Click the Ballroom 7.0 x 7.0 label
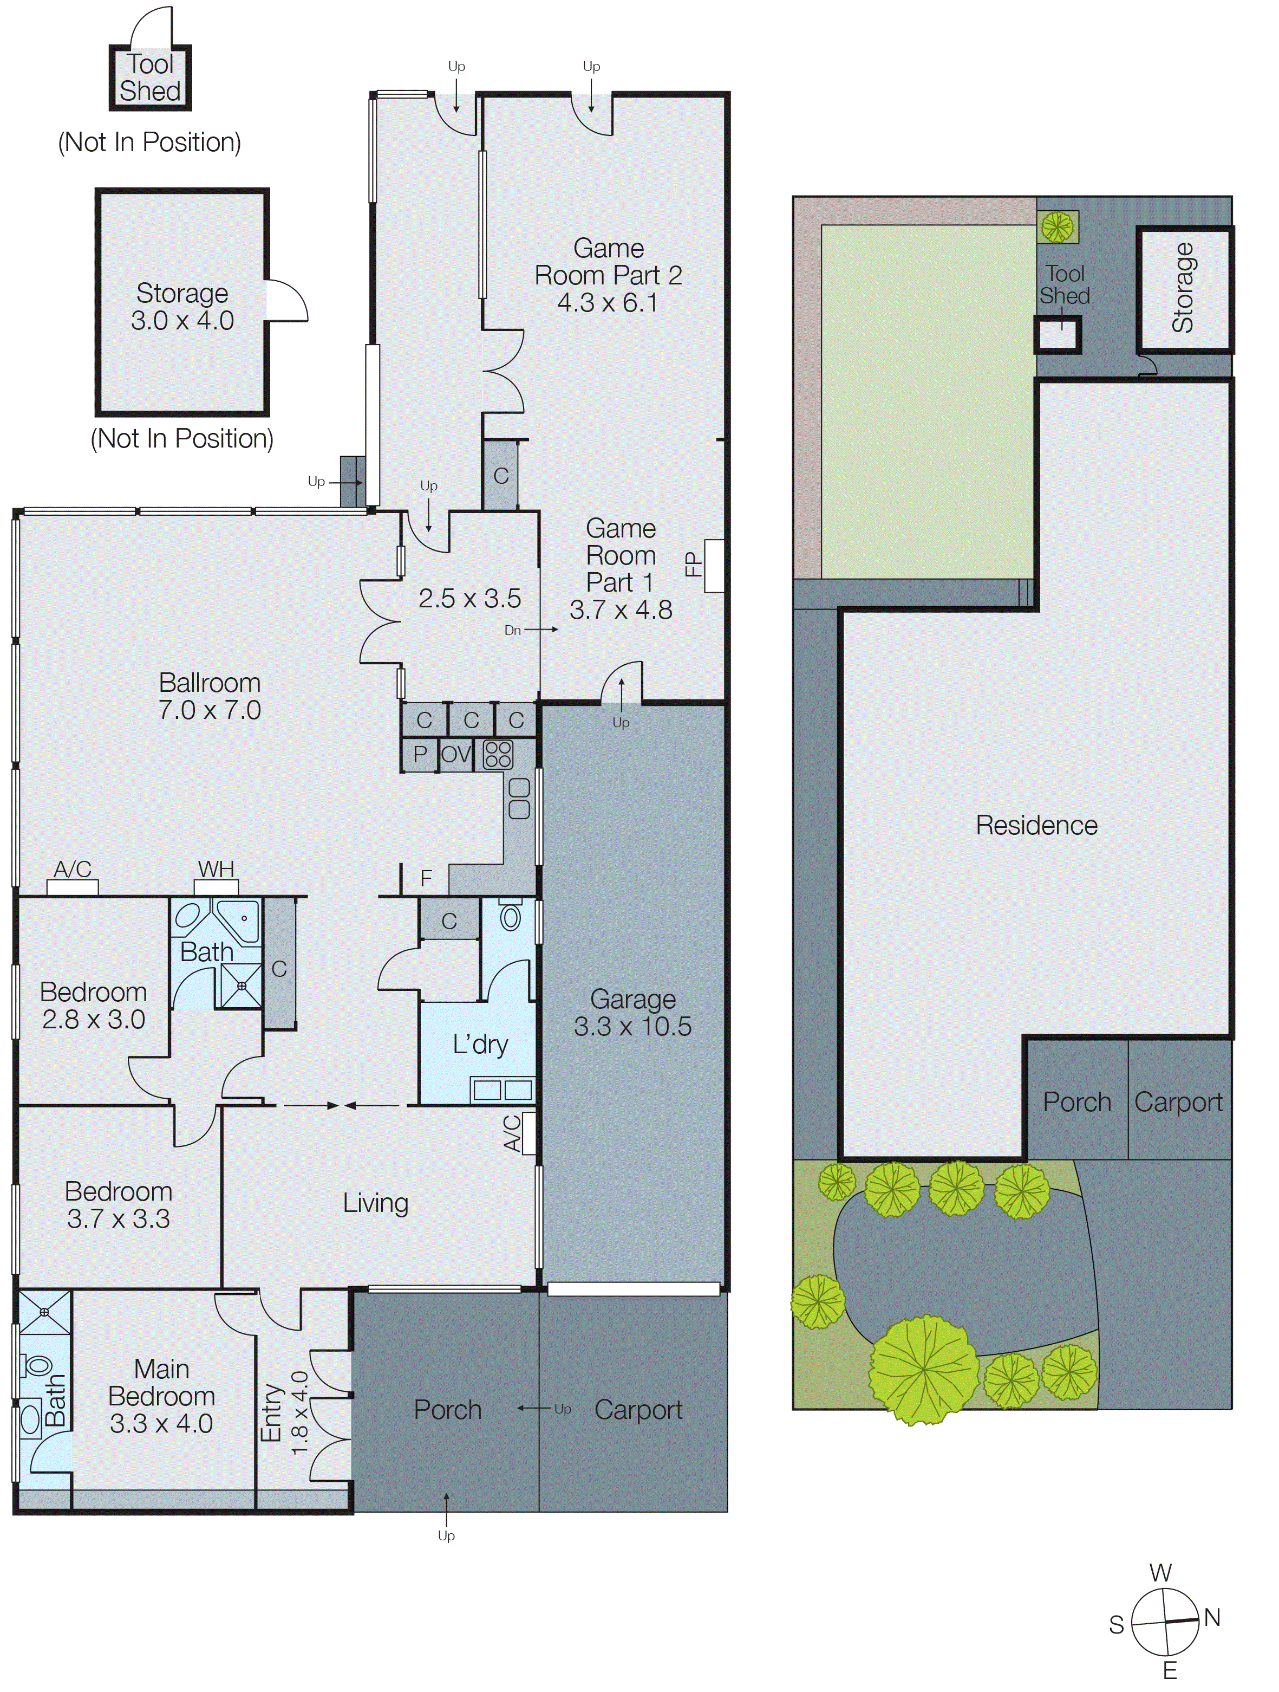(x=210, y=696)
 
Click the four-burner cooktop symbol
(x=499, y=755)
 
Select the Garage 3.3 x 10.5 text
(x=632, y=1013)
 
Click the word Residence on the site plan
(x=1036, y=825)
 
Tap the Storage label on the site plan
(x=1183, y=288)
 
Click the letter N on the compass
(x=1212, y=1617)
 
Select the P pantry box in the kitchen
(x=420, y=754)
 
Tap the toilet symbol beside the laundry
(x=510, y=915)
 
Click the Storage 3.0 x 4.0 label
(x=182, y=307)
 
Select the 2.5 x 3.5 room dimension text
(x=469, y=598)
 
